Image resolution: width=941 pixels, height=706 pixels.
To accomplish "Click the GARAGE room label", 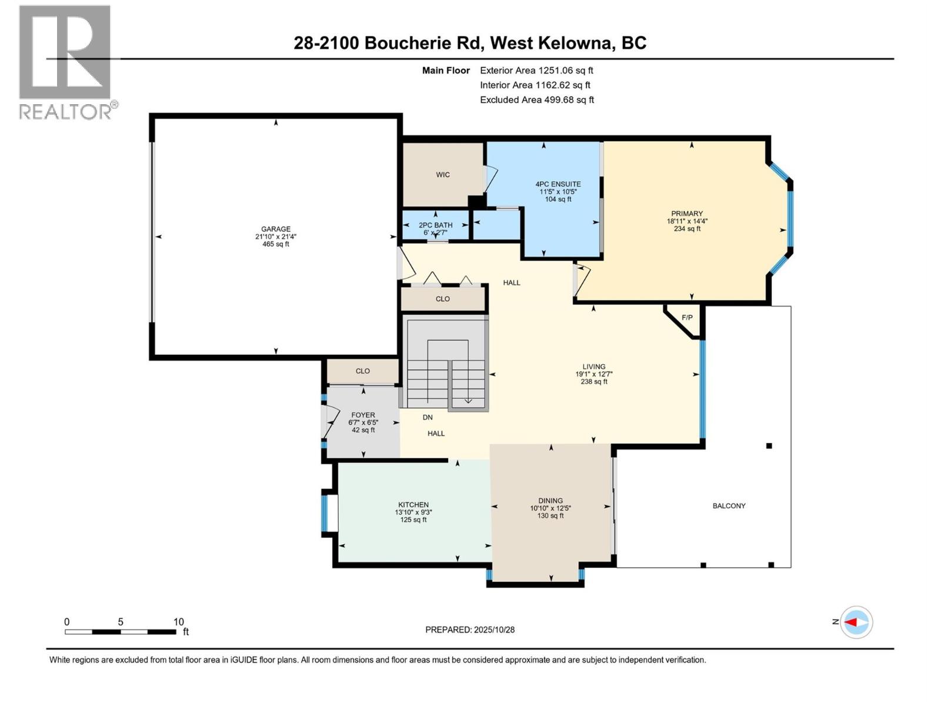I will point(276,229).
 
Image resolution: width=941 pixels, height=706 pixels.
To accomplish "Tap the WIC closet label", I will point(443,175).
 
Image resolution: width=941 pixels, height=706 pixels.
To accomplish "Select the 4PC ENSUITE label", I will point(558,184).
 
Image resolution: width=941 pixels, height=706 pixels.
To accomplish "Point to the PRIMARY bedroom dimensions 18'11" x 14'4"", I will point(687,221).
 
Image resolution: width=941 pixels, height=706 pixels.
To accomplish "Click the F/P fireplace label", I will point(687,318).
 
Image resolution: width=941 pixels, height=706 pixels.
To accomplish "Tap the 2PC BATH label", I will point(435,225).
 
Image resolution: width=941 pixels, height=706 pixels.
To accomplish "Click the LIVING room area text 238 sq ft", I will point(594,382).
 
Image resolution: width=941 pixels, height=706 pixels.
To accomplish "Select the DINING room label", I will point(550,501).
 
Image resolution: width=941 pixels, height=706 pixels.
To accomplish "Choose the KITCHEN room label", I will point(413,505).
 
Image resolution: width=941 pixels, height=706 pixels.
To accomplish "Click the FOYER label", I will point(363,415).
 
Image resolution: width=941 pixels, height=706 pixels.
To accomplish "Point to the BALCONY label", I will point(729,506).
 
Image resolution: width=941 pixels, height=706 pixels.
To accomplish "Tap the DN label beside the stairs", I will point(428,417).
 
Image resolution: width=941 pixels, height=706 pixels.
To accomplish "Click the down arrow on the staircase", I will point(468,400).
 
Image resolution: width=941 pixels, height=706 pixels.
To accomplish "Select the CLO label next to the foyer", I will point(362,371).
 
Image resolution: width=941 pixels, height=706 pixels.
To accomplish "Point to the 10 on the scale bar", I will point(179,622).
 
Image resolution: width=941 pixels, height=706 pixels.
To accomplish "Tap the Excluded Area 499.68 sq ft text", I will point(536,100).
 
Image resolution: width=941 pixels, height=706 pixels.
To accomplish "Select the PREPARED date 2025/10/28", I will point(470,630).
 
